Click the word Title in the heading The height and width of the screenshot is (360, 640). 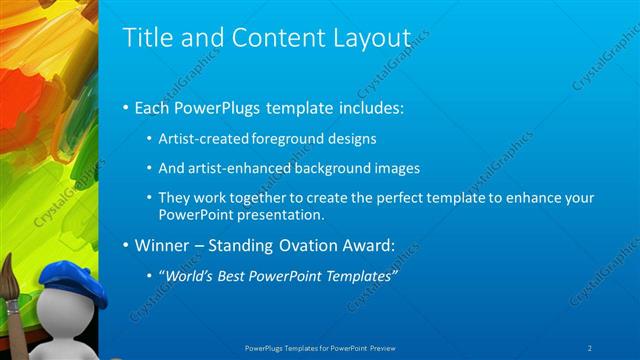tap(144, 38)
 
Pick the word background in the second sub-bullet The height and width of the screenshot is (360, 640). tap(337, 168)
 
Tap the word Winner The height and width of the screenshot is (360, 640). tap(162, 244)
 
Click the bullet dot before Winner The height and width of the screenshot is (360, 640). tap(125, 245)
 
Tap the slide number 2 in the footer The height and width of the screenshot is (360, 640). tap(590, 347)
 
